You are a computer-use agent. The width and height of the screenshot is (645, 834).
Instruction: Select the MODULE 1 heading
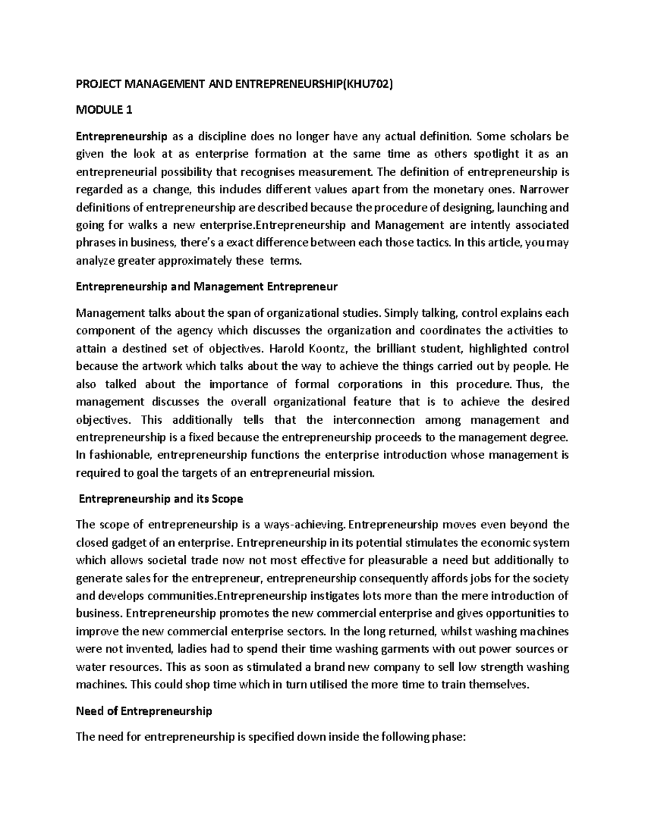(x=104, y=111)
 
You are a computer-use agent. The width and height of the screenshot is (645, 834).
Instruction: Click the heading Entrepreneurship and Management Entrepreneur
(x=207, y=286)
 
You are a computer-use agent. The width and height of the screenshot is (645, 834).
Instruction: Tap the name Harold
(x=288, y=349)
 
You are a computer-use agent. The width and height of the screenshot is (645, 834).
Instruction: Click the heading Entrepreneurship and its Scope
(x=161, y=499)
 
